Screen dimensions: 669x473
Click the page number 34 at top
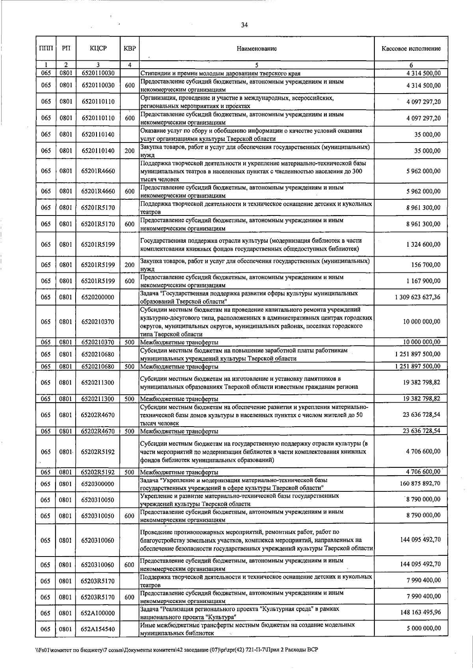pos(244,25)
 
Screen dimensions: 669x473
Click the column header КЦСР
pos(98,49)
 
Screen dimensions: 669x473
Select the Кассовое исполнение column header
pos(411,49)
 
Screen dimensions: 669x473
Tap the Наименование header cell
pos(257,49)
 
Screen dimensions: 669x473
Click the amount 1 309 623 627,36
pos(417,297)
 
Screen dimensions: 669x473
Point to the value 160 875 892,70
pos(420,483)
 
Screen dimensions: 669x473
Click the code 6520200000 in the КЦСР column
pos(98,297)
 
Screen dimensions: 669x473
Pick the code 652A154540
pos(98,629)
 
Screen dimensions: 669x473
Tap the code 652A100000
pos(98,613)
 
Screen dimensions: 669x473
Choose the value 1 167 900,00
pos(423,281)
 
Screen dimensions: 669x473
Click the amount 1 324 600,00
pos(423,244)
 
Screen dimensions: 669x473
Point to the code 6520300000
pos(98,483)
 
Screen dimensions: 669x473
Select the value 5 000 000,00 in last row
pos(423,628)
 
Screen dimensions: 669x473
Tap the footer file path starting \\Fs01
pos(174,650)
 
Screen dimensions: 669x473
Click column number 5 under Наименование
pos(257,65)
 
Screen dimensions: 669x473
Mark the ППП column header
pos(46,49)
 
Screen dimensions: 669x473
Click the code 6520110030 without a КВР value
pos(98,73)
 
